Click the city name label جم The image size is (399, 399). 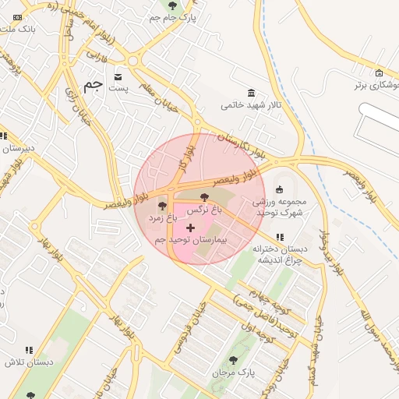point(93,85)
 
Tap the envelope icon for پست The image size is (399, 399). point(118,76)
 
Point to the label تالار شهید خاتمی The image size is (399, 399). point(244,104)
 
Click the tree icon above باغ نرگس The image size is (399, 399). point(205,197)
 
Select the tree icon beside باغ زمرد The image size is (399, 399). point(162,207)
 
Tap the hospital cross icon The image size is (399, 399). point(191,228)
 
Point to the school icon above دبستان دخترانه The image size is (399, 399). point(280,237)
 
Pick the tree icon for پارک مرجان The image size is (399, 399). point(233,360)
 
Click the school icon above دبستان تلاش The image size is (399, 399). point(29,351)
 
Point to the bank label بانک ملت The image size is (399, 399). point(19,29)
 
